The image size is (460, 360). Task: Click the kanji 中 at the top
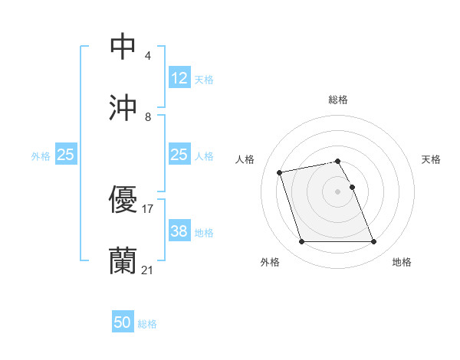click(123, 46)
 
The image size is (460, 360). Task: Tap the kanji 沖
click(123, 108)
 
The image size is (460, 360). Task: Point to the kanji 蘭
click(123, 260)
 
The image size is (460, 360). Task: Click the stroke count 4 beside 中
click(147, 56)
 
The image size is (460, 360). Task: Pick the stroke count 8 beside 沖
click(147, 117)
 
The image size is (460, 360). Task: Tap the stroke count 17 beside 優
click(148, 208)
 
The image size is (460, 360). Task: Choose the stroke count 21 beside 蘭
click(148, 270)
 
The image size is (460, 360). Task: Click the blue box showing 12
click(179, 78)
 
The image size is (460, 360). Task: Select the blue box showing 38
click(179, 231)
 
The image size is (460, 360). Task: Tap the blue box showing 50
click(123, 322)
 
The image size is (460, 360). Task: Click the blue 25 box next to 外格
click(65, 155)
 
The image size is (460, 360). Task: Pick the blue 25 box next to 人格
click(179, 155)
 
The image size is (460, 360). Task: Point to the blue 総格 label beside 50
click(147, 324)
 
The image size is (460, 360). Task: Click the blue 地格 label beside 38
click(204, 232)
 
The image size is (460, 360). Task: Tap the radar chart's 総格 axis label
click(338, 100)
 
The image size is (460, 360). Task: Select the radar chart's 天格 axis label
click(432, 159)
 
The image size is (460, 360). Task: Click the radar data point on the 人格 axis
click(280, 172)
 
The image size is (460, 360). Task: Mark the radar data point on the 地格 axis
click(373, 242)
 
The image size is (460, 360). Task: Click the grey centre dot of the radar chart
click(338, 191)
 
